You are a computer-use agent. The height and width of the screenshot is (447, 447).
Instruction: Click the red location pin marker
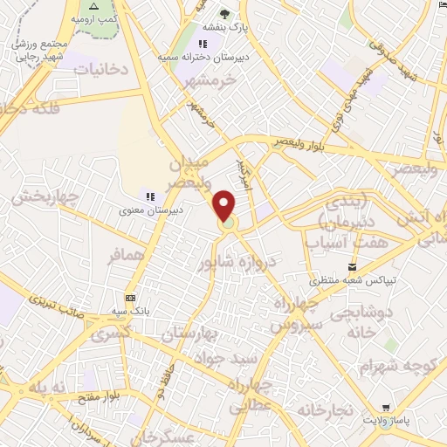[x=226, y=206]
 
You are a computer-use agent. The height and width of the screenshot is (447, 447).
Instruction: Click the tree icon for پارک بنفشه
[x=225, y=13]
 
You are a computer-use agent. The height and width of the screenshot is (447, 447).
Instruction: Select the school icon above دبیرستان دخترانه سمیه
[x=203, y=44]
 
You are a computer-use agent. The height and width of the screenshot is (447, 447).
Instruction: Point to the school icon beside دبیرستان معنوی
[x=148, y=197]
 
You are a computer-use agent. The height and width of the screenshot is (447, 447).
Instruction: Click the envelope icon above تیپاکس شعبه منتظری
[x=351, y=266]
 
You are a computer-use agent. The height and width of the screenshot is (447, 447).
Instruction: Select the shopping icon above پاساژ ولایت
[x=386, y=407]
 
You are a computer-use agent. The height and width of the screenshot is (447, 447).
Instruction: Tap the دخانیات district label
[x=99, y=67]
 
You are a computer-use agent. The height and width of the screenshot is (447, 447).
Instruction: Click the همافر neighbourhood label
[x=124, y=258]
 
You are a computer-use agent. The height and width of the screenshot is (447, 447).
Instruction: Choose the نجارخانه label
[x=324, y=409]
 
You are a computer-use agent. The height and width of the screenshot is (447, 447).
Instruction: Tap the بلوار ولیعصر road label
[x=300, y=141]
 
